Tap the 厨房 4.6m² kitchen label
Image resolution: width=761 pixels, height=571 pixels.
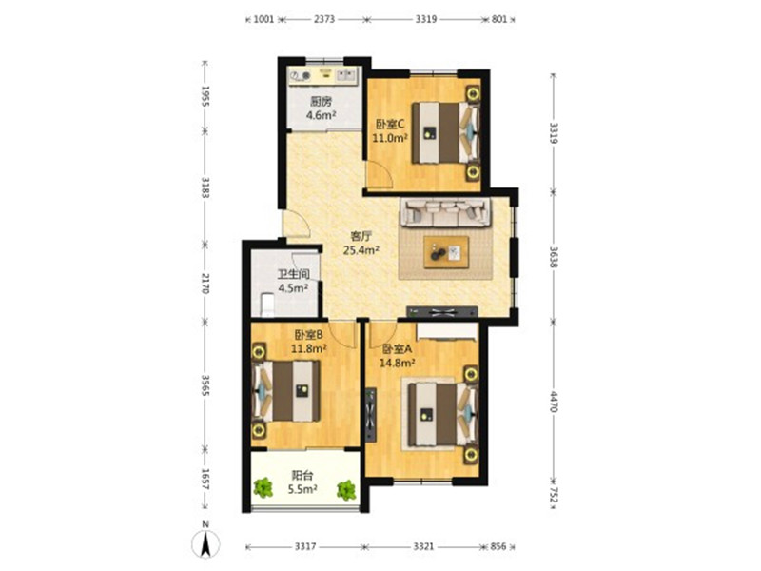click(x=322, y=108)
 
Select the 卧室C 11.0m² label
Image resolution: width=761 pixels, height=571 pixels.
click(x=389, y=131)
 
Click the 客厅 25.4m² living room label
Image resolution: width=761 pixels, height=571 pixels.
click(x=361, y=244)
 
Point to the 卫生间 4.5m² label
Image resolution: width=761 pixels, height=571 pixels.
click(x=294, y=281)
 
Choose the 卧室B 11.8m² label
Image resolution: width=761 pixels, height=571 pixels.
click(x=308, y=342)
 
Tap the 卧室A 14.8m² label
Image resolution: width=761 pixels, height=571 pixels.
click(x=397, y=356)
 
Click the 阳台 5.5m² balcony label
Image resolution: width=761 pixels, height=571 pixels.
click(x=302, y=482)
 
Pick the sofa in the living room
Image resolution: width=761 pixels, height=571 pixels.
click(x=445, y=212)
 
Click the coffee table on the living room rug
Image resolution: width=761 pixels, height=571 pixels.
click(x=446, y=252)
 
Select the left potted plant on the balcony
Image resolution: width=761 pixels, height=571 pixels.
click(x=263, y=488)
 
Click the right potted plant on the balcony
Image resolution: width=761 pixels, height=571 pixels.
click(x=346, y=490)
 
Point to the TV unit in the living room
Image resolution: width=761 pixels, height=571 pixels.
click(x=442, y=312)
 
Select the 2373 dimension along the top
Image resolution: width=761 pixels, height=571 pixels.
click(x=324, y=19)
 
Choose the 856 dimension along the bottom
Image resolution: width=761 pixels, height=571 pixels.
click(x=498, y=546)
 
